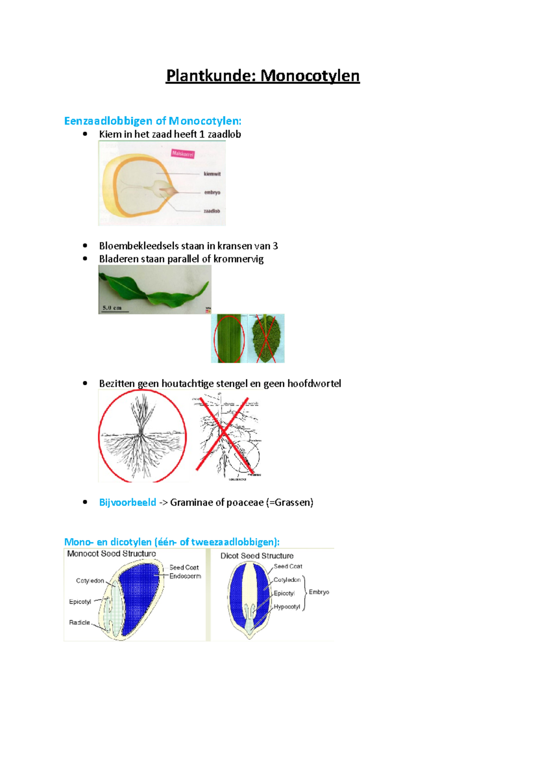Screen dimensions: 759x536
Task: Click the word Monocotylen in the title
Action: click(310, 76)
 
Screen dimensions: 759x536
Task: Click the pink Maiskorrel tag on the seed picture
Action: click(183, 154)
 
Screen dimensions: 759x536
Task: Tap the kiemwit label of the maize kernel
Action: click(212, 174)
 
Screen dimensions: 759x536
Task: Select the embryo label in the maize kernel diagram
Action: click(212, 193)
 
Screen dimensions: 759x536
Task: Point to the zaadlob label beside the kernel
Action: click(212, 211)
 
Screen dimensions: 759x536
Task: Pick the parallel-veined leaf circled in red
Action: click(229, 338)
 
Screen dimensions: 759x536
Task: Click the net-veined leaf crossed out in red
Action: click(266, 338)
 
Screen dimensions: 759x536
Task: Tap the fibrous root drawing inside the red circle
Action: click(142, 436)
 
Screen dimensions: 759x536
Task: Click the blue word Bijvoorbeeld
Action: click(128, 502)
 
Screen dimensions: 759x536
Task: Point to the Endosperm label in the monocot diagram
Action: click(185, 576)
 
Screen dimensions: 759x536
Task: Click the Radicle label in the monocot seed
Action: click(80, 622)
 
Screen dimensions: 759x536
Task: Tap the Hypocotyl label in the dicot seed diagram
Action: click(287, 607)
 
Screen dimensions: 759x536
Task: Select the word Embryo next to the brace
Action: click(319, 592)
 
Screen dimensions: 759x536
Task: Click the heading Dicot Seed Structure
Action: click(257, 556)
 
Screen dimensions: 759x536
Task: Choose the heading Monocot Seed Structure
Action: click(111, 553)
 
